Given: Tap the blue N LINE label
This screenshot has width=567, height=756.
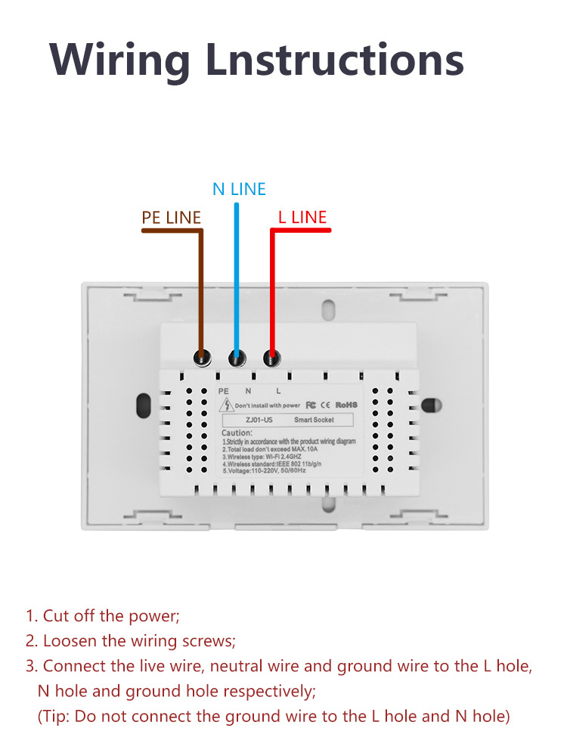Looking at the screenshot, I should pyautogui.click(x=239, y=188).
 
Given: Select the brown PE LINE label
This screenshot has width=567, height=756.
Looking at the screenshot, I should pyautogui.click(x=172, y=218).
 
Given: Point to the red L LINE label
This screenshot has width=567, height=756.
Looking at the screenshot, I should pyautogui.click(x=302, y=218).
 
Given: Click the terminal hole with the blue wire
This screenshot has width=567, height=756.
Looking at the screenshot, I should pyautogui.click(x=237, y=357).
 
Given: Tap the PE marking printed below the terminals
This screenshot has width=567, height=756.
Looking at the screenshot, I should pyautogui.click(x=222, y=391).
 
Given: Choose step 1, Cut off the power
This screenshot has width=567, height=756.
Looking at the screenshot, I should pyautogui.click(x=103, y=616).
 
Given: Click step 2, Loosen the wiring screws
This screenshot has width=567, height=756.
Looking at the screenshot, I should pyautogui.click(x=131, y=641).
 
